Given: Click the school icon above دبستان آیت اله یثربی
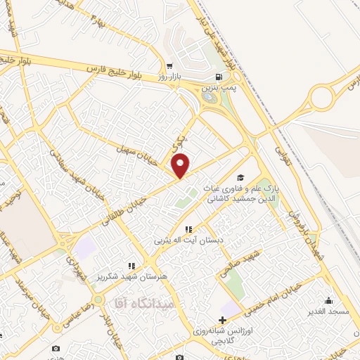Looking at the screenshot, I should coord(188,229).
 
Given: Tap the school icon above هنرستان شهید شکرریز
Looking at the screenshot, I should coord(131,266).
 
